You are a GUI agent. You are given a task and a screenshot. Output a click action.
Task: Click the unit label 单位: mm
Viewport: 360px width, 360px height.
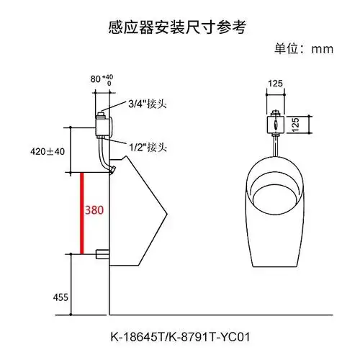coord(301,50)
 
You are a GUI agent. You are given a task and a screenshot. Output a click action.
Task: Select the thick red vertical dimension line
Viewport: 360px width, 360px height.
coord(83,213)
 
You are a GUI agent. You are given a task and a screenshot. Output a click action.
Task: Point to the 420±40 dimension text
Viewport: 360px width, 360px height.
coord(48,151)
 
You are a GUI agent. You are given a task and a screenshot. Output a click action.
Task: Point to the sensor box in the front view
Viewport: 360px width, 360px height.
coord(275,123)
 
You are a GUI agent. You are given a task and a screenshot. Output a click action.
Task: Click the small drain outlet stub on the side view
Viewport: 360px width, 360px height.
coord(102,253)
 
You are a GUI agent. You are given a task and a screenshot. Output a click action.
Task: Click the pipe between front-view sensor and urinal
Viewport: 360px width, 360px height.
coord(275,146)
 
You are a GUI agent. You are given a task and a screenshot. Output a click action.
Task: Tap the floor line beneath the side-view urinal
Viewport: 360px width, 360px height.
coord(216,315)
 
